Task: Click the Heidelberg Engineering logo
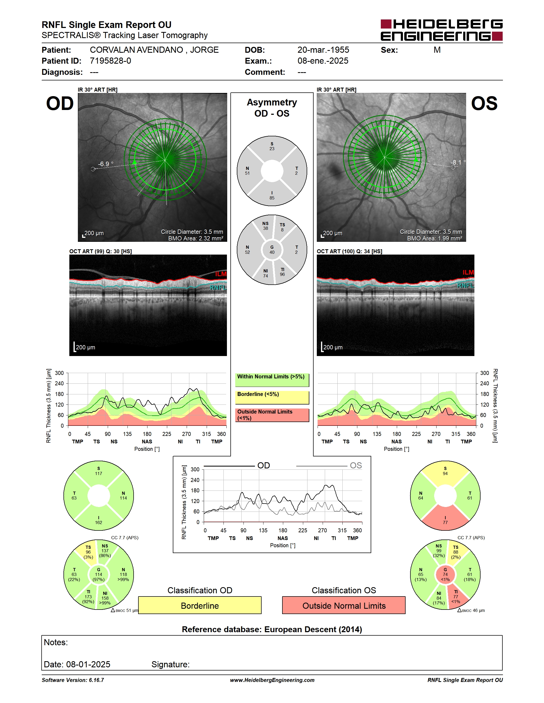pyautogui.click(x=442, y=30)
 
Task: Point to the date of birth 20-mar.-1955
pyautogui.click(x=323, y=50)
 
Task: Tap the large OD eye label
pyautogui.click(x=60, y=104)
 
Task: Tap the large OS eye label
pyautogui.click(x=484, y=104)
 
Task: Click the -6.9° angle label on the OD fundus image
pyautogui.click(x=106, y=164)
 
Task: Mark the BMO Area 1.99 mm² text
pyautogui.click(x=434, y=239)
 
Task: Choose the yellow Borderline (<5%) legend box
pyautogui.click(x=272, y=398)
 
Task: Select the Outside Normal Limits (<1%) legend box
pyautogui.click(x=272, y=415)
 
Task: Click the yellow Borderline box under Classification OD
pyautogui.click(x=200, y=605)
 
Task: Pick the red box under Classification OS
pyautogui.click(x=344, y=605)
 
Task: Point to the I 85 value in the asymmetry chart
pyautogui.click(x=272, y=195)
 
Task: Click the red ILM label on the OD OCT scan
pyautogui.click(x=221, y=274)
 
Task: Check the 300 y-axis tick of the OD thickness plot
pyautogui.click(x=59, y=373)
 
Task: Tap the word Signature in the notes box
pyautogui.click(x=170, y=664)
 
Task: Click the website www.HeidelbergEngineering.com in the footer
pyautogui.click(x=272, y=680)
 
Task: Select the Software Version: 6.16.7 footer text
pyautogui.click(x=73, y=680)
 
